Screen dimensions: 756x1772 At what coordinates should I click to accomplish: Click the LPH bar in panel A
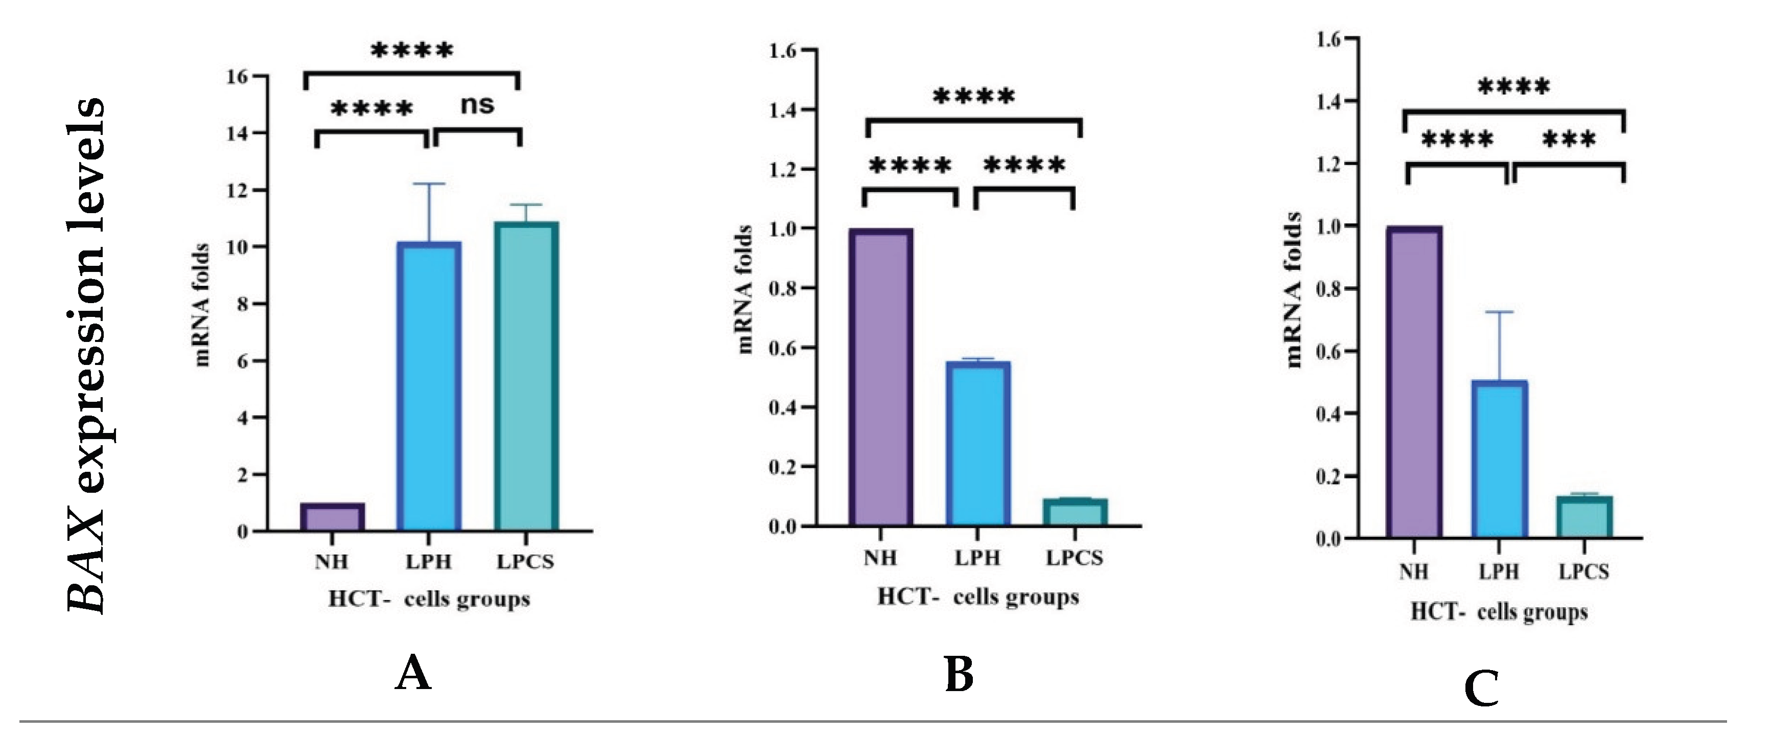tap(429, 385)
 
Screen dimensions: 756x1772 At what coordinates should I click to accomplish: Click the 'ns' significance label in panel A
tap(477, 105)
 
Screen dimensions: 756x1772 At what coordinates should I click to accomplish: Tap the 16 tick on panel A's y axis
tap(237, 76)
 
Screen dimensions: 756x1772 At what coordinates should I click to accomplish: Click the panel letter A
tap(413, 674)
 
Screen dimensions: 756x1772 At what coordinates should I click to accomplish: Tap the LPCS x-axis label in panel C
tap(1583, 571)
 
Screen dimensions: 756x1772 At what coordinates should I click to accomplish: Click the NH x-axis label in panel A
tap(332, 562)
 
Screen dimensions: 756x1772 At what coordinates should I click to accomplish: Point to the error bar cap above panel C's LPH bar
tap(1500, 312)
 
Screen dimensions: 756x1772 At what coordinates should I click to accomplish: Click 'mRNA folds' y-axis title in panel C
tap(1294, 290)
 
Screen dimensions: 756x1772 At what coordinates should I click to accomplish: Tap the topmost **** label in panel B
tap(973, 96)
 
